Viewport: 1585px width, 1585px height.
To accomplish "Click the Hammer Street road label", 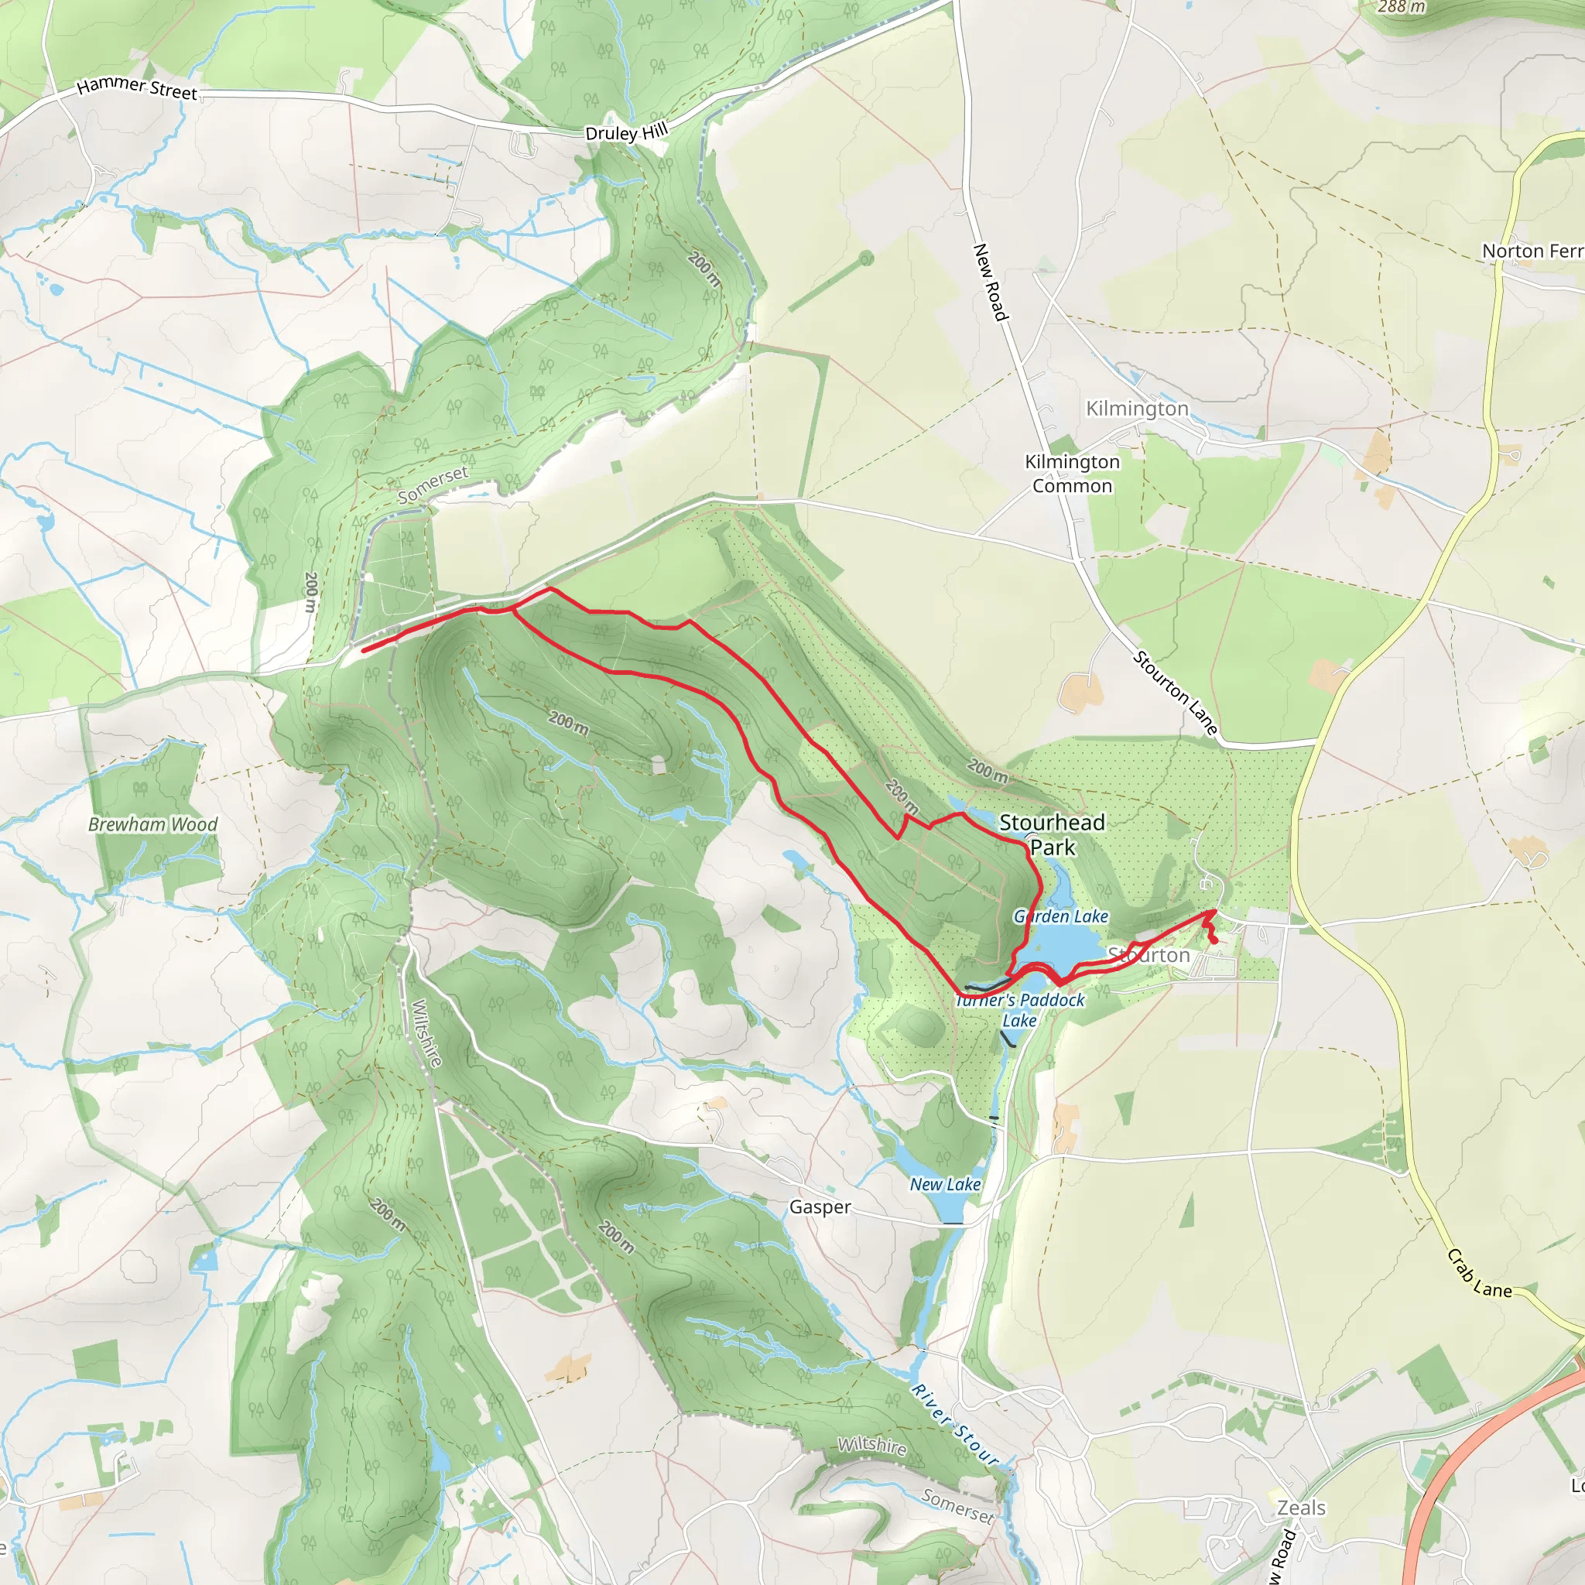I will click(137, 87).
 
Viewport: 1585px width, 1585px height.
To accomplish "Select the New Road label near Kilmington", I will click(989, 282).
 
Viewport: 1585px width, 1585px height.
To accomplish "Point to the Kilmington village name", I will click(1136, 409).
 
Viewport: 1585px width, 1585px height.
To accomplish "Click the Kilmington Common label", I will click(1071, 474).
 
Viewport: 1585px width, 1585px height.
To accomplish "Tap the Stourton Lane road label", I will click(1175, 692).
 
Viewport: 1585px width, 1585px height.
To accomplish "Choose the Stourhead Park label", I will click(1052, 834).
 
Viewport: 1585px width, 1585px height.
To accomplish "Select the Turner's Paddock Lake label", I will click(1021, 1010).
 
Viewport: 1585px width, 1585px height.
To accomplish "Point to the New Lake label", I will click(945, 1185).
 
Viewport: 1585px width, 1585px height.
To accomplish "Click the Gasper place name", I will click(820, 1207).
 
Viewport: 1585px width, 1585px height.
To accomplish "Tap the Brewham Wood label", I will click(152, 824).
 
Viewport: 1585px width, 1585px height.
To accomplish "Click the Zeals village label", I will click(1301, 1508).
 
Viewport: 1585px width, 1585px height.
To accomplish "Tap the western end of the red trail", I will click(364, 651).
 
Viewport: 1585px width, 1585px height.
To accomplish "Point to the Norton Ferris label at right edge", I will click(1532, 251).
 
